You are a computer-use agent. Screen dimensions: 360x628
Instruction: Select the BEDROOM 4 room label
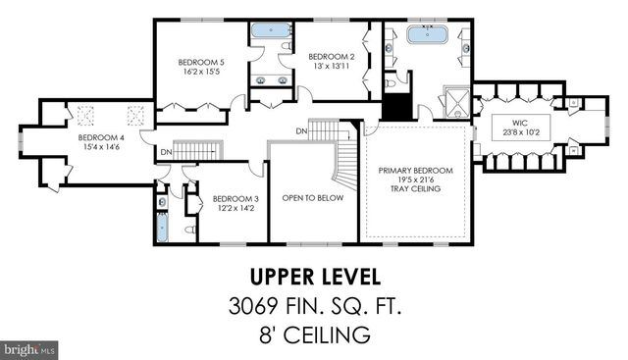101,136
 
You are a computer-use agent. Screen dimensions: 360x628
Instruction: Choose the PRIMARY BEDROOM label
416,171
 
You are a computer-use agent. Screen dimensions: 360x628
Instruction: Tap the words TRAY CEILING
416,188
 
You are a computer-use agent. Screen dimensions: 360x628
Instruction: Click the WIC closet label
518,124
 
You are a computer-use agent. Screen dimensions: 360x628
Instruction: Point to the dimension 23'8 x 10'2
518,133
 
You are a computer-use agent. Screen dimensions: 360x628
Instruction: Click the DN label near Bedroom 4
166,152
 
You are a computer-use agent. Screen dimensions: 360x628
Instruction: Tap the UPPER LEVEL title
312,278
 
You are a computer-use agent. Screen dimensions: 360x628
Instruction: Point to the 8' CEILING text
312,335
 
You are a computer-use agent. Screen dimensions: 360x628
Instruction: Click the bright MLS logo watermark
29,348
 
